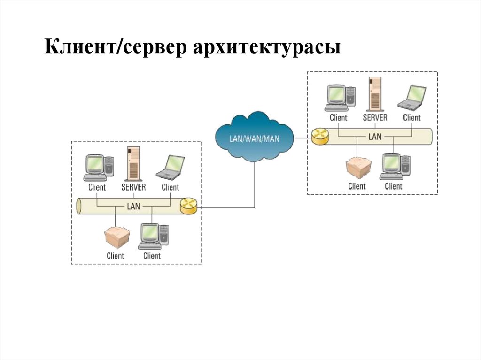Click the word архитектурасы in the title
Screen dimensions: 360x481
click(266, 49)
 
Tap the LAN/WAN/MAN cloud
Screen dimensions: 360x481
click(254, 138)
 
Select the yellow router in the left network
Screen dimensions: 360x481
click(189, 206)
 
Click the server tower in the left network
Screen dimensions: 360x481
click(134, 163)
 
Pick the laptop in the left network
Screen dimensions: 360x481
click(171, 168)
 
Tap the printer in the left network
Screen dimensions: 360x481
click(116, 237)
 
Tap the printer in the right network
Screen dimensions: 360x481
click(358, 168)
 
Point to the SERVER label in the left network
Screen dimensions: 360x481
click(134, 187)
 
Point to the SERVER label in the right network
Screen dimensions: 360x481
click(375, 117)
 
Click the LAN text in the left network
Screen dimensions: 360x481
click(133, 206)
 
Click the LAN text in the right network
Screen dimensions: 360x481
click(375, 137)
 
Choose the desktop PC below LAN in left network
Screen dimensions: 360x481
click(153, 237)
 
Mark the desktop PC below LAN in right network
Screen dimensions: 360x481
click(395, 167)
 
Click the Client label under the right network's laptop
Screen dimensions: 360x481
click(411, 117)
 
